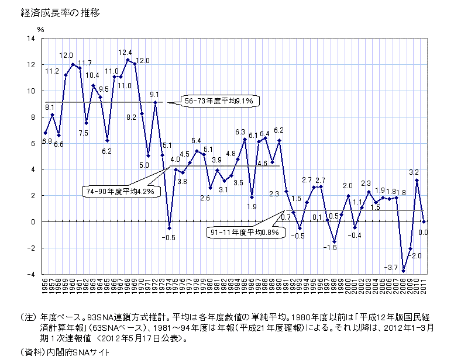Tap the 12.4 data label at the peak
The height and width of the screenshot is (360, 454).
point(125,53)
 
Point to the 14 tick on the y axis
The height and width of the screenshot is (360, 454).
point(31,39)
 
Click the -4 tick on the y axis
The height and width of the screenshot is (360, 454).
point(31,274)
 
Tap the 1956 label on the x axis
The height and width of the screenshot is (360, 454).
point(45,288)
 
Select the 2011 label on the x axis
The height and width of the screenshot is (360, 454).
point(424,288)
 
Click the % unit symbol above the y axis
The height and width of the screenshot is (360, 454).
point(40,27)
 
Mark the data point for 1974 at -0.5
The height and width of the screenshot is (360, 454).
point(169,228)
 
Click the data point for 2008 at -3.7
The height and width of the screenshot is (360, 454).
point(403,271)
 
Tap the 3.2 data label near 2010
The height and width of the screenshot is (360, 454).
point(414,172)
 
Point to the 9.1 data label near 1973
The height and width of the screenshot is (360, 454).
point(154,94)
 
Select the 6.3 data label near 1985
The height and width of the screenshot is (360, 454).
point(240,132)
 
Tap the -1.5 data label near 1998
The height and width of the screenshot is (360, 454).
point(331,248)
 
